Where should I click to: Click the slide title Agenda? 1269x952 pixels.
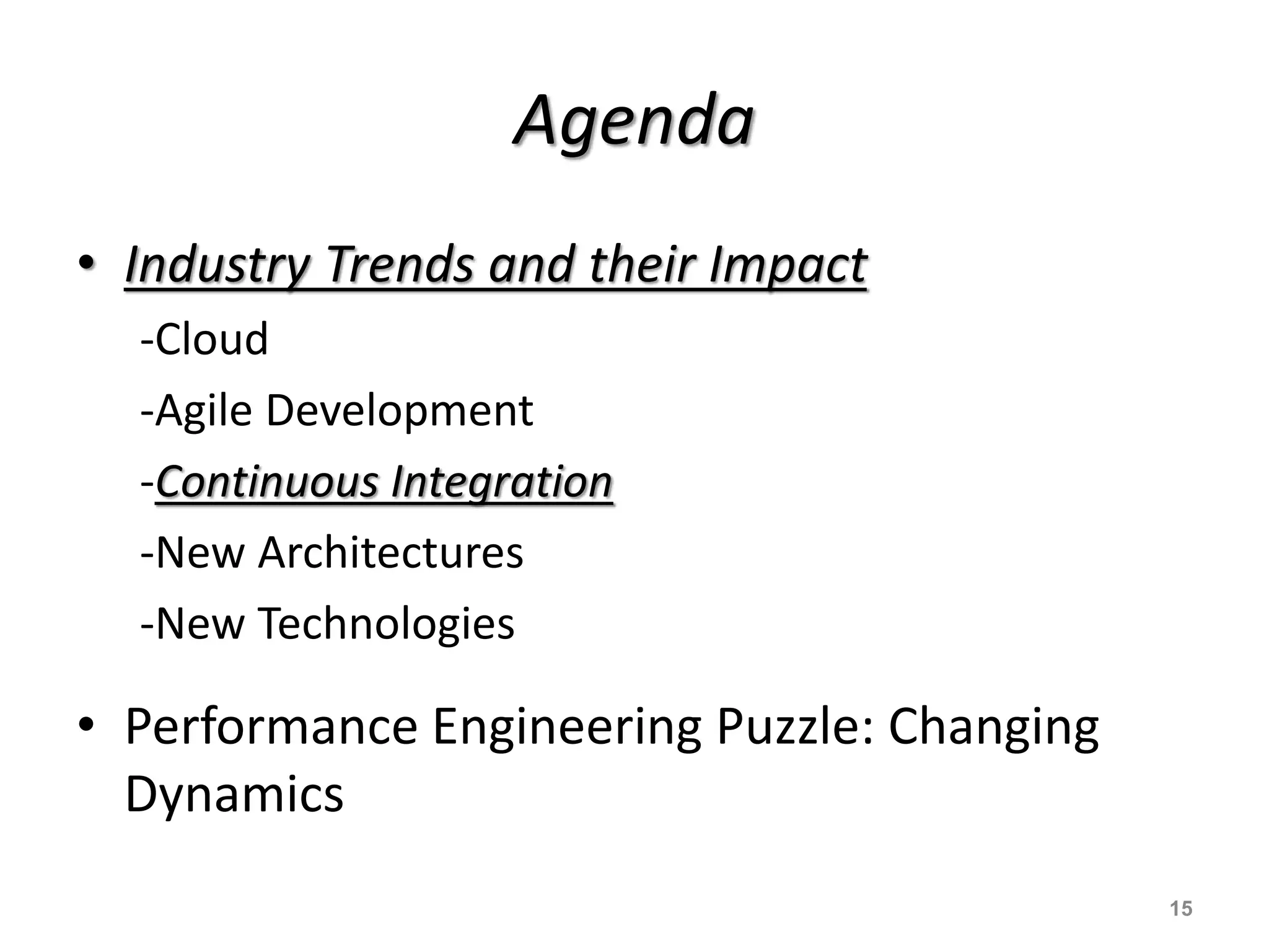pos(633,121)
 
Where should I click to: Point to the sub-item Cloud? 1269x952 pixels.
pos(211,339)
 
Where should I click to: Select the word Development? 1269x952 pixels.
pos(399,410)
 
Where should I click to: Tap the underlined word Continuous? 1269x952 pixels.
pos(266,482)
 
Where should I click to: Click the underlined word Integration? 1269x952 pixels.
pos(501,482)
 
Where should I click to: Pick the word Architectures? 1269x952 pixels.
pos(390,552)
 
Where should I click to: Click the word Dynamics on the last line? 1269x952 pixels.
pos(234,794)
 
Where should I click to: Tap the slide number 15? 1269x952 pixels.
pos(1180,909)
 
